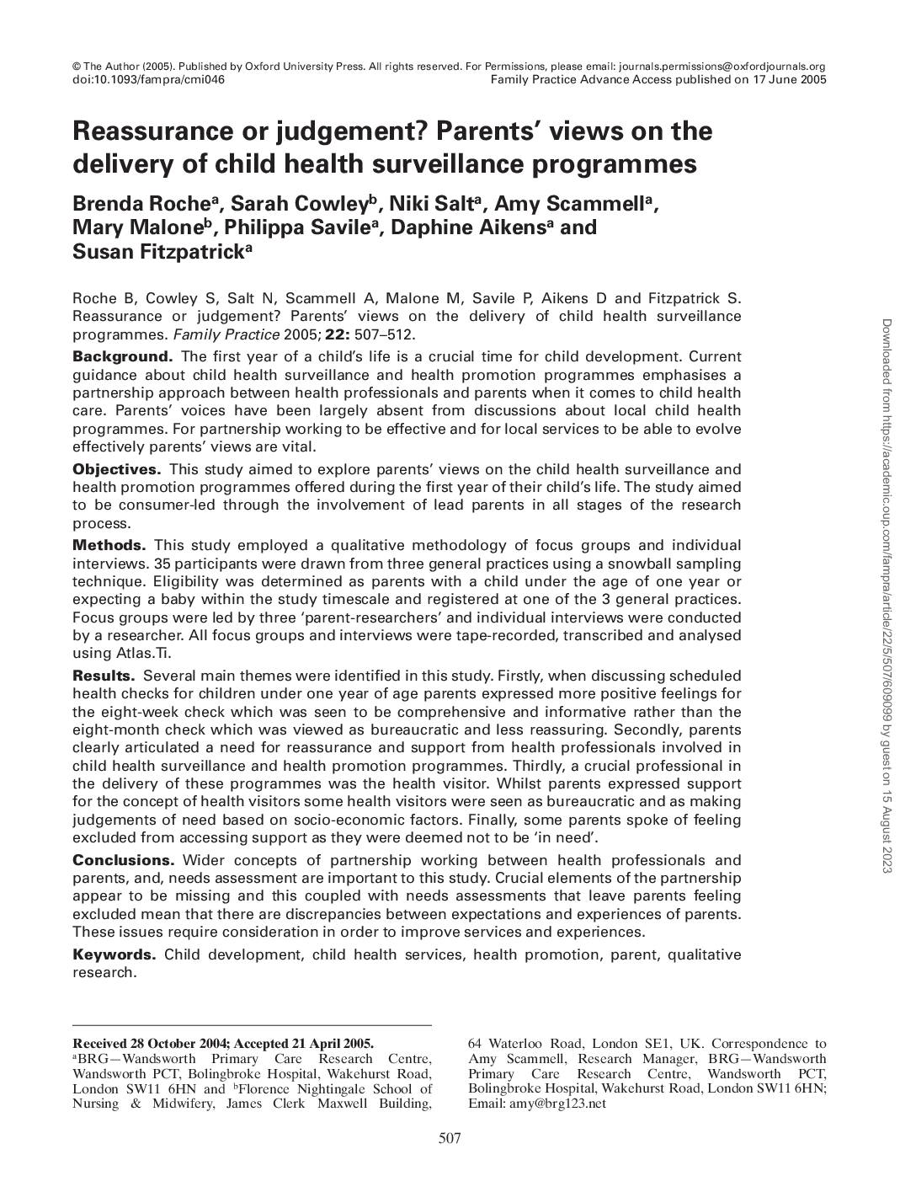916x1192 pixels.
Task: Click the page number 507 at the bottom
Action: [450, 1139]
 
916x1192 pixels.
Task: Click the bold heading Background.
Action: [122, 356]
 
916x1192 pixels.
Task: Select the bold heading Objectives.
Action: [116, 469]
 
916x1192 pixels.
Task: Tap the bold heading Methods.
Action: [109, 545]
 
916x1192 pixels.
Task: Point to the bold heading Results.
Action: [104, 676]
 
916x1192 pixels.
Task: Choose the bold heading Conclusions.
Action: [123, 860]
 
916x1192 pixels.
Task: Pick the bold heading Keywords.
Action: [114, 954]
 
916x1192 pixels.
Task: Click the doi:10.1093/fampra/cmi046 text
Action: [149, 80]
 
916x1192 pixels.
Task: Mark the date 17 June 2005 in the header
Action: [790, 80]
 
